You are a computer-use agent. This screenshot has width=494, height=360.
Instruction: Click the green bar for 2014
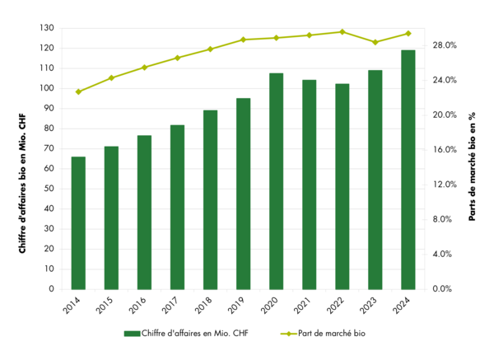tap(78, 222)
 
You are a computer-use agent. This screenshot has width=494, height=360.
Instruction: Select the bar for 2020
tap(276, 181)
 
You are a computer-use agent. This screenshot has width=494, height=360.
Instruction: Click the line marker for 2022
tap(342, 32)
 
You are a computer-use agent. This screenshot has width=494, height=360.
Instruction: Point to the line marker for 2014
tap(78, 91)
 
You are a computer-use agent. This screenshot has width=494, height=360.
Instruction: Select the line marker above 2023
tap(375, 42)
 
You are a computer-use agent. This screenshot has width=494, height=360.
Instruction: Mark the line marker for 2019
tap(243, 40)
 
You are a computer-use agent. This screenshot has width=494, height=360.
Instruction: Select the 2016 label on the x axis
tap(138, 307)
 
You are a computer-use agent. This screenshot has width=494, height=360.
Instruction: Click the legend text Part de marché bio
tap(338, 334)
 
